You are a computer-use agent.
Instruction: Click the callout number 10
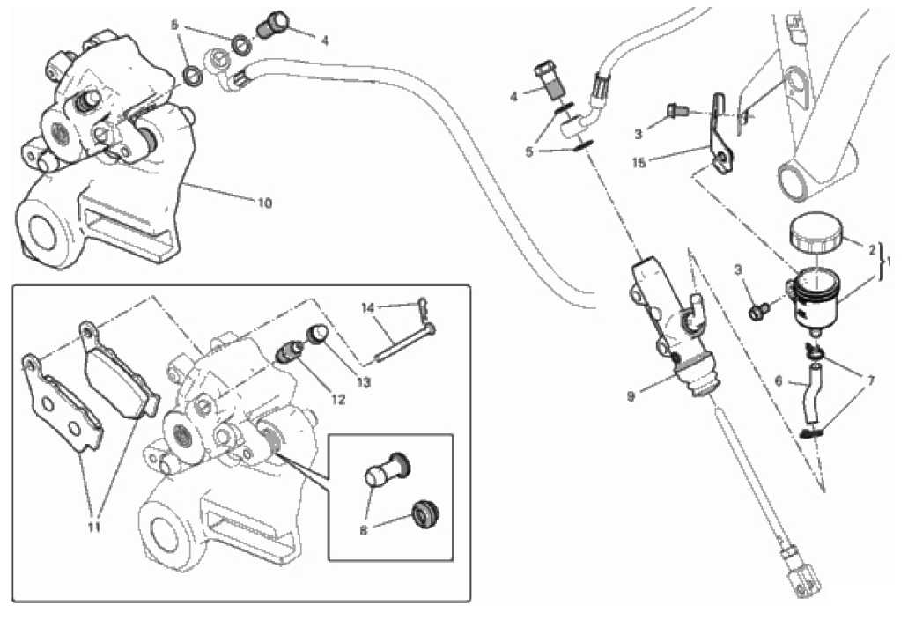264,203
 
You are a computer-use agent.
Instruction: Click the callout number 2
872,250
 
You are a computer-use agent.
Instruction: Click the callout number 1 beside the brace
890,262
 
